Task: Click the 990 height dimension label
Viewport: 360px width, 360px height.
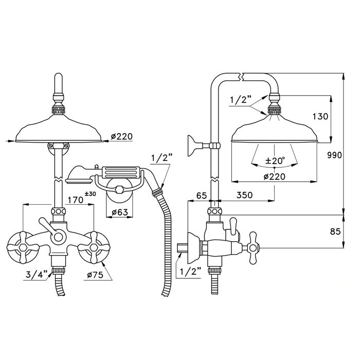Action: (334, 155)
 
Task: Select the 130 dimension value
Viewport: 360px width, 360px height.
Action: (320, 117)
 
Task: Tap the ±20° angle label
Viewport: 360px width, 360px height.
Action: (275, 160)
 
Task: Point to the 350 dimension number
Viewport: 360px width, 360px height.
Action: (244, 195)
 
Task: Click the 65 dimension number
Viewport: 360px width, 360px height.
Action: (202, 195)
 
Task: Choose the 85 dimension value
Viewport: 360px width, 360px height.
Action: (335, 231)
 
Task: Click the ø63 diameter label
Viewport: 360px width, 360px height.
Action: (120, 212)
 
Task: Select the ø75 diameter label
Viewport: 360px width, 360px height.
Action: (95, 275)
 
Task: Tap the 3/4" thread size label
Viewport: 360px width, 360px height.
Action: (37, 274)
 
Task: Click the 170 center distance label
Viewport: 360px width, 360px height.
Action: (75, 200)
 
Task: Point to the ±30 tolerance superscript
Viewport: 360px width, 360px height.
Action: (91, 194)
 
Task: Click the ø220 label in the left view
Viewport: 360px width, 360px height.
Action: (122, 136)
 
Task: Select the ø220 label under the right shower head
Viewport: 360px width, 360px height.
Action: (275, 176)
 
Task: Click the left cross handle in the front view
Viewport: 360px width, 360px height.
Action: (23, 247)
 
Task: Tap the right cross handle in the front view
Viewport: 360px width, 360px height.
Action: (94, 247)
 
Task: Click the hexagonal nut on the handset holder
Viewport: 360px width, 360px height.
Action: (119, 190)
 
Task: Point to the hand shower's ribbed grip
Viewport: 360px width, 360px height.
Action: (120, 172)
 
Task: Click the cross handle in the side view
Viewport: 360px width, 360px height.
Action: (253, 247)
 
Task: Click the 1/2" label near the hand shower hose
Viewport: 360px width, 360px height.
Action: (161, 159)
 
